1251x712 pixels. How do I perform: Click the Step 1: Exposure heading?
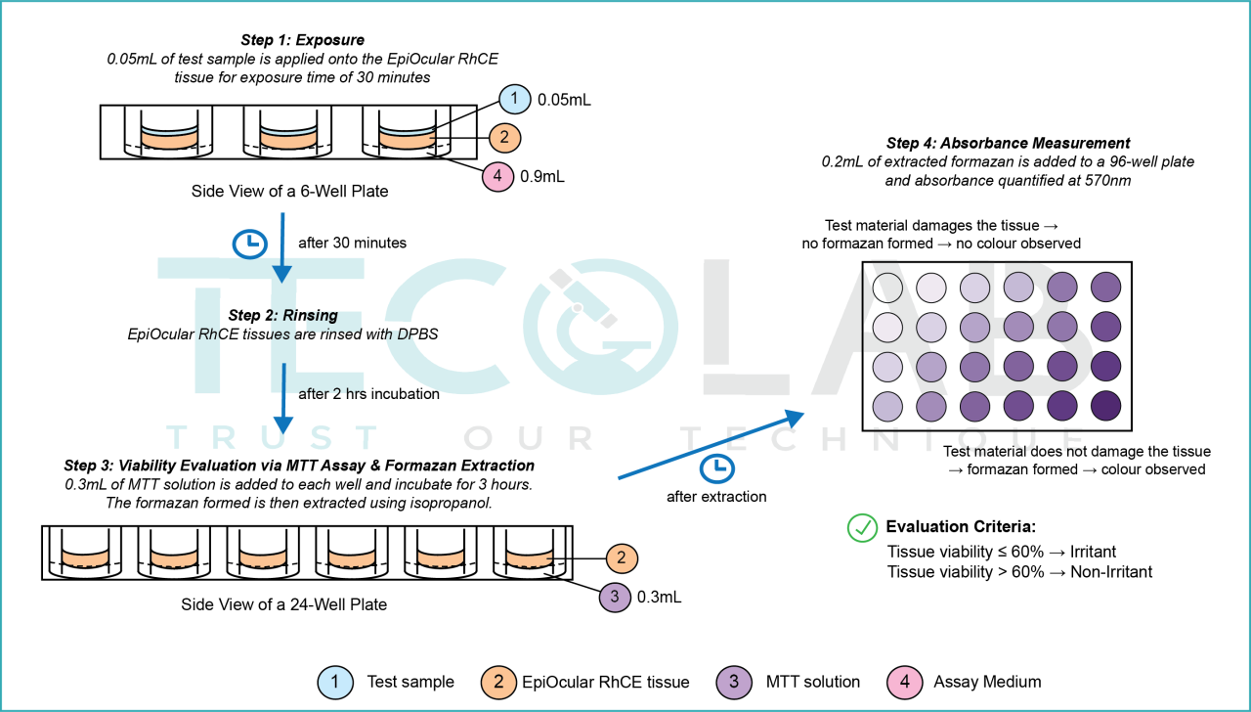pos(302,40)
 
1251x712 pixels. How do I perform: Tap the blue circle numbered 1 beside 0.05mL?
pos(513,100)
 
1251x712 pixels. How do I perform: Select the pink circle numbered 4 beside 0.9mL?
pos(499,177)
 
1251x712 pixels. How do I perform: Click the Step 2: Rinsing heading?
pos(283,315)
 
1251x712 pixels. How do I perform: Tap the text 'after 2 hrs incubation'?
pos(369,394)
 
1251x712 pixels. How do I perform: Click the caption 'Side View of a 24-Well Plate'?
pos(284,604)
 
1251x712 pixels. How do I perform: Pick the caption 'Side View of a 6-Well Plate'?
pos(289,191)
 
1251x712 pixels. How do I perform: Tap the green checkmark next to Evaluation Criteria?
pos(861,528)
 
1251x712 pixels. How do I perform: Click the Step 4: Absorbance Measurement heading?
pos(1008,143)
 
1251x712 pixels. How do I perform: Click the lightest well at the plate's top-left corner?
pos(887,288)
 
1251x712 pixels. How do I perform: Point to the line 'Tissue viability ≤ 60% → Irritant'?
pos(1001,552)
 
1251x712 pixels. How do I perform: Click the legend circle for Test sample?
pos(335,682)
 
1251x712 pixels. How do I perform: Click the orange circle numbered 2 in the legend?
pos(498,682)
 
